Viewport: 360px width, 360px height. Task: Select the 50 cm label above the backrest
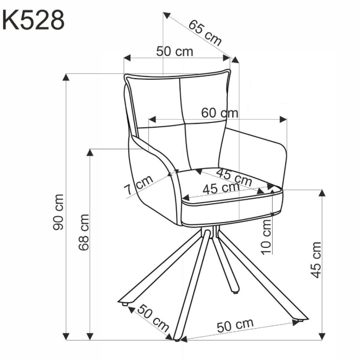(175, 51)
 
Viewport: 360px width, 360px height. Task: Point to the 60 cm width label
(219, 113)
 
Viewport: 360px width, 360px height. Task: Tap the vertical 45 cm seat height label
(317, 259)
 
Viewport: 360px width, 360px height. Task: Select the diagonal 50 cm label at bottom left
(153, 317)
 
